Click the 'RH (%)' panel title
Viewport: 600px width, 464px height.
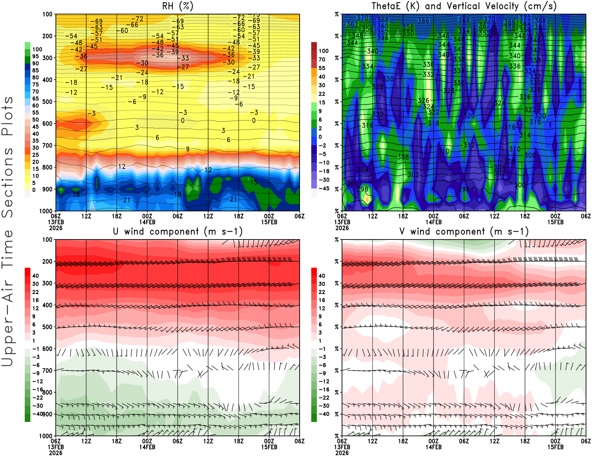[177, 6]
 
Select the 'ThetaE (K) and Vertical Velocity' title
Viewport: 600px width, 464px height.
[464, 6]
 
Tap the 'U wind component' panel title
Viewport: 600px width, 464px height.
[177, 232]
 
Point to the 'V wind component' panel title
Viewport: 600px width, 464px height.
[464, 232]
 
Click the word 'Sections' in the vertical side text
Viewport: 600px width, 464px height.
[7, 182]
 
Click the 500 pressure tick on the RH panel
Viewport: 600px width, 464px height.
[48, 102]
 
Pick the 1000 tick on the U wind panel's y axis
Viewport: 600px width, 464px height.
[46, 436]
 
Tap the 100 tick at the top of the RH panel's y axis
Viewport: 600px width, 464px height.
[48, 14]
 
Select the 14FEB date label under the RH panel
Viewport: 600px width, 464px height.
[147, 222]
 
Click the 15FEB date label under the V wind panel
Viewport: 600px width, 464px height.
[555, 447]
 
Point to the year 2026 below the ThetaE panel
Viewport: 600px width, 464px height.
[342, 228]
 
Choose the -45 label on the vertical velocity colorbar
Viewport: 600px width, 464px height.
[323, 188]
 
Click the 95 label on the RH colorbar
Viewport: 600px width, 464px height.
[35, 56]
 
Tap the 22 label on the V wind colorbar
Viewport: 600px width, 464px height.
[322, 292]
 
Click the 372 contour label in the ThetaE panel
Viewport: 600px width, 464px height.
[525, 18]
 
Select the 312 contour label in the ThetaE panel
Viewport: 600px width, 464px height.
[469, 145]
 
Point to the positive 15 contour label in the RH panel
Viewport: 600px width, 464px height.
[254, 182]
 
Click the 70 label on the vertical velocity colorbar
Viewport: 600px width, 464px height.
[322, 59]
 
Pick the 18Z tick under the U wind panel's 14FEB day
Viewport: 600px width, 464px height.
[238, 441]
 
